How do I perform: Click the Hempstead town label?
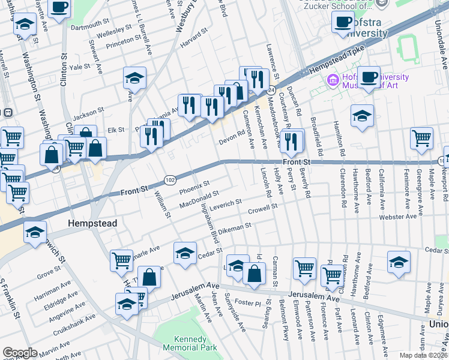tap(91, 223)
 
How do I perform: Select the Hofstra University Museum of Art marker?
tap(332, 80)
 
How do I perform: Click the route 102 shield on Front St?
tap(170, 180)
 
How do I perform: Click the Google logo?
tap(20, 353)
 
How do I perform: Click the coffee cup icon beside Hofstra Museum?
tap(369, 77)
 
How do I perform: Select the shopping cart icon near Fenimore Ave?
tap(421, 138)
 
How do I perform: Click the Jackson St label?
tap(89, 113)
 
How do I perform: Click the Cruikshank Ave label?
tap(73, 320)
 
